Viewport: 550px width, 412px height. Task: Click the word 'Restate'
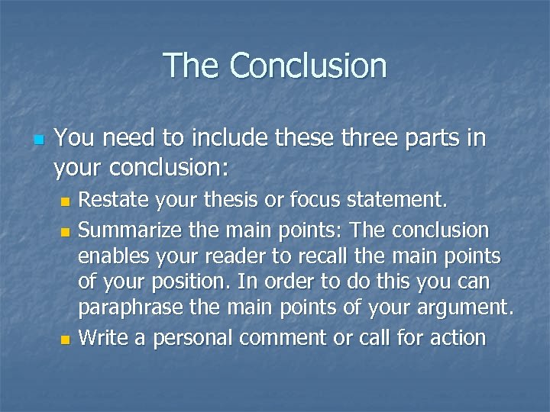click(114, 201)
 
